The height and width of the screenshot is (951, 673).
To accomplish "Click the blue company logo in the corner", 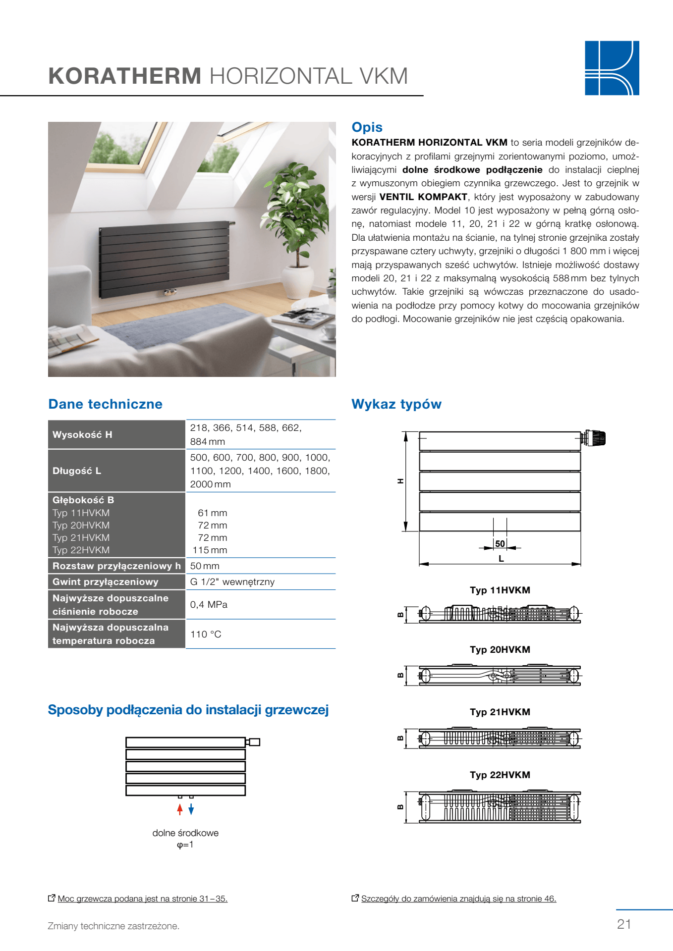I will coord(612,68).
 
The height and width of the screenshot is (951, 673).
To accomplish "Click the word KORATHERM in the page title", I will coord(125,76).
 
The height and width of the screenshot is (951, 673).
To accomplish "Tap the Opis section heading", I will coord(367,127).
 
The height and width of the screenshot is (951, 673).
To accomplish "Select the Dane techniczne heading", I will coord(105,404).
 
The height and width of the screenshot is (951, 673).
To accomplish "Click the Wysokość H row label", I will coord(82,434).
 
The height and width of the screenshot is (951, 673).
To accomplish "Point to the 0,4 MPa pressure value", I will coord(209,604).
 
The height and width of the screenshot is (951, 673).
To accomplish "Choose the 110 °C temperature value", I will coord(206,634).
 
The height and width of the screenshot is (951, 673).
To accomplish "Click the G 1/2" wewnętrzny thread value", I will coord(232,581).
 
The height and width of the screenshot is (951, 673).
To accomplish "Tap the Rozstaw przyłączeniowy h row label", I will coord(116,566).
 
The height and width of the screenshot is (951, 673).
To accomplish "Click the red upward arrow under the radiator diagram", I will coord(180,809).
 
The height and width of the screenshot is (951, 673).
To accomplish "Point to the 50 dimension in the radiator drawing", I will coord(500,544).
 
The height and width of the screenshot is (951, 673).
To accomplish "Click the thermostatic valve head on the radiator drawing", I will coord(596,438).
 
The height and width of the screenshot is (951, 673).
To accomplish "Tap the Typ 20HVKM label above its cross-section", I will coord(500,649).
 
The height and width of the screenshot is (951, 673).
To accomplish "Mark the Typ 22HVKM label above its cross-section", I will coord(500,775).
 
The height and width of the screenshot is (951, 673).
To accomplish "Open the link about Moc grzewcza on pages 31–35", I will coord(142,898).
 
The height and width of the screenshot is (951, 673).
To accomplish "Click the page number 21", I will coord(624,924).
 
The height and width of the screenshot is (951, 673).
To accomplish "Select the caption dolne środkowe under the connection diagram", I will coord(185,833).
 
